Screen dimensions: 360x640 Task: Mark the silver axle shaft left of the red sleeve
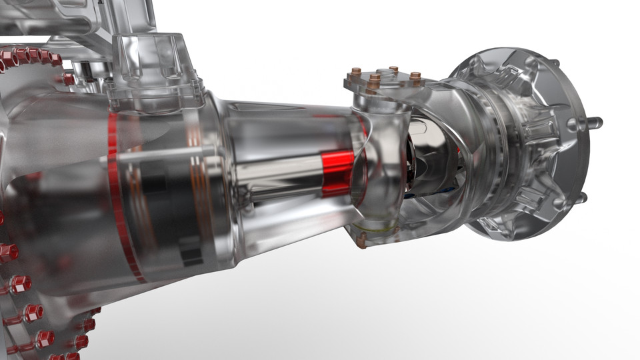tap(280, 177)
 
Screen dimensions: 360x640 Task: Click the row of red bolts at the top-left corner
tap(30, 57)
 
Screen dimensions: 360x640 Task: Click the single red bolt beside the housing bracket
tap(69, 79)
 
